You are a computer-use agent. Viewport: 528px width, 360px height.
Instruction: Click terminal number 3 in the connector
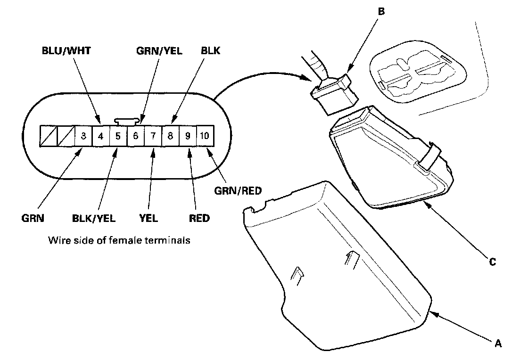click(83, 137)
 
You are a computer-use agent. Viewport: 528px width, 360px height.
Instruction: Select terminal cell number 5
click(118, 137)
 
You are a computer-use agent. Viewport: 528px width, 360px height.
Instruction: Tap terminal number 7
click(153, 137)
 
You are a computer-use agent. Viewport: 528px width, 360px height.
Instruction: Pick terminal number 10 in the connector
click(205, 137)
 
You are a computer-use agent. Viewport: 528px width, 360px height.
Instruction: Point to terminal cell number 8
click(170, 137)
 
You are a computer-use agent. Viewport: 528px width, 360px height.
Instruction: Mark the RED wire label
click(200, 218)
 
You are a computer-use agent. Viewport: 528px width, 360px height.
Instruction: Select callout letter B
click(381, 11)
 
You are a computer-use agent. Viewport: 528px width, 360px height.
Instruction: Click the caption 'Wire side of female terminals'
click(119, 240)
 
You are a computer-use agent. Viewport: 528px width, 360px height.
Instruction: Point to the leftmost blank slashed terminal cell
click(49, 137)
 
